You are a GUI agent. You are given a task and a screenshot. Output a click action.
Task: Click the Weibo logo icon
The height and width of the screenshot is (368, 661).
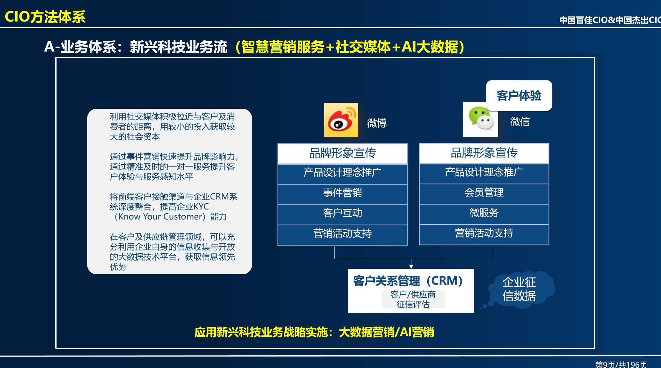(x=341, y=120)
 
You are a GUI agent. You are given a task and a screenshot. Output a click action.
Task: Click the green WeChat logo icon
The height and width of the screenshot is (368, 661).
(x=480, y=120)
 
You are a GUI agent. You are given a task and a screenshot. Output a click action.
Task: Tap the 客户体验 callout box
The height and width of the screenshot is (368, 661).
(x=519, y=95)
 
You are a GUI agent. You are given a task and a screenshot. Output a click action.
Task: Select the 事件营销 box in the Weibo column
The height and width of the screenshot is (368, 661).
(x=342, y=193)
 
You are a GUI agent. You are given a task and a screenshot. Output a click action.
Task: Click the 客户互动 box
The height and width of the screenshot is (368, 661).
(x=342, y=213)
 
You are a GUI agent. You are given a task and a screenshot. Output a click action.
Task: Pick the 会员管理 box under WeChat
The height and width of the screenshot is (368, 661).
(x=484, y=193)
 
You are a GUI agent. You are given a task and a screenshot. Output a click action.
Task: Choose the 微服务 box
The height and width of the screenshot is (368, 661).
(x=484, y=213)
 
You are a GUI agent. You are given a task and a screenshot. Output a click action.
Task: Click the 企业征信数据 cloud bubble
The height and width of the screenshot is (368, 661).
(x=519, y=289)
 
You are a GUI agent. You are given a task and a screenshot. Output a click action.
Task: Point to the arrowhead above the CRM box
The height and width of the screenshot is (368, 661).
(x=411, y=266)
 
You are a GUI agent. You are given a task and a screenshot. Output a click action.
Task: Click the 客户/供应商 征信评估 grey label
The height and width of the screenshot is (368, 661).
(x=413, y=299)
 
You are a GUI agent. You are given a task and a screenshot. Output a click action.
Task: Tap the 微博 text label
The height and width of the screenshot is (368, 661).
(x=377, y=123)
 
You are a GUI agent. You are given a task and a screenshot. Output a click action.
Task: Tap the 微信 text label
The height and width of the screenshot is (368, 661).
(x=520, y=121)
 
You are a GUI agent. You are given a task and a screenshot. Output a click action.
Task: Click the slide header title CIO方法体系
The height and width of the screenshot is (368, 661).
(x=45, y=17)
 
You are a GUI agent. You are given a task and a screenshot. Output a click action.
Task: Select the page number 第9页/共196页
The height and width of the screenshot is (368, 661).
(x=621, y=364)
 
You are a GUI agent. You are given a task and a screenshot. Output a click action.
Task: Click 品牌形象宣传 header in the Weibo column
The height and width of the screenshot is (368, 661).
(x=342, y=153)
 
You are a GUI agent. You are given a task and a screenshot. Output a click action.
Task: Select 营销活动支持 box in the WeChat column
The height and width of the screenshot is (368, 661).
(x=484, y=233)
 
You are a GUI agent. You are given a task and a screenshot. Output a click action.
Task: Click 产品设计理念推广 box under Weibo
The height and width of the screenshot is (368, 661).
(x=342, y=173)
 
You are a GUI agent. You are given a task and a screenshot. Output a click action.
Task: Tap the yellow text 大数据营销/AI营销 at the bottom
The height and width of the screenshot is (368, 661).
(x=386, y=332)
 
